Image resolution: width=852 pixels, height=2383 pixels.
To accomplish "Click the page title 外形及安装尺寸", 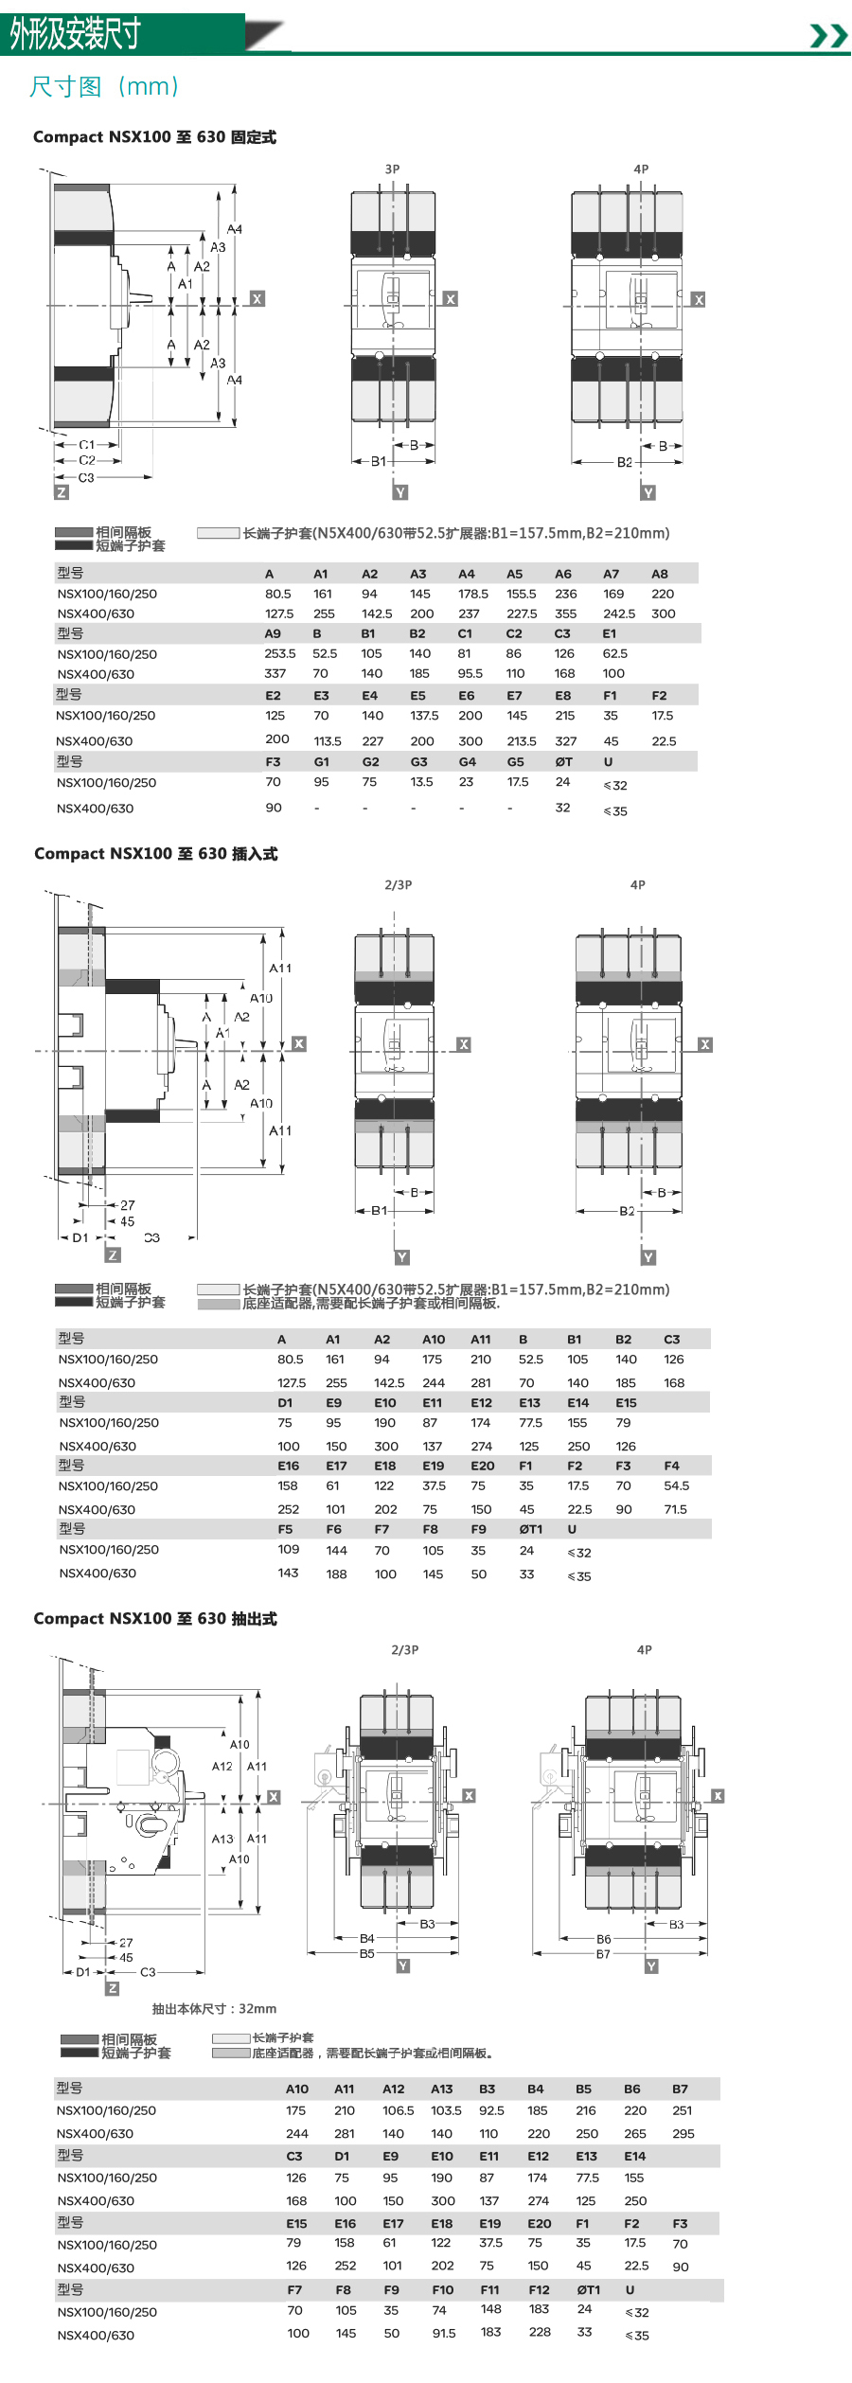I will click(x=76, y=34).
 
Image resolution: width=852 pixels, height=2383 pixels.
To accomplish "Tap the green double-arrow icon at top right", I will click(x=829, y=36).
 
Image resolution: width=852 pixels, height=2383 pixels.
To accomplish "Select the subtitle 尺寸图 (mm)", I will click(x=104, y=87).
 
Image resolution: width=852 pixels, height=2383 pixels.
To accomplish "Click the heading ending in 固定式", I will click(x=154, y=137).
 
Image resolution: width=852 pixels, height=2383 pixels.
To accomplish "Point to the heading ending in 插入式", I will click(x=155, y=854).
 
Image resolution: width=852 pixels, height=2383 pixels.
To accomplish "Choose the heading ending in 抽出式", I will click(x=155, y=1619).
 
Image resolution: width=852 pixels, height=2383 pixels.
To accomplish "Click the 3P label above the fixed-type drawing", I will click(x=392, y=169).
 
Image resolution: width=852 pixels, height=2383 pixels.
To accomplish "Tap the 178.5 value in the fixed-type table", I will click(x=472, y=595).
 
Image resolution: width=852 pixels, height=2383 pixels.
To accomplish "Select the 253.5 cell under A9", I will click(x=280, y=654).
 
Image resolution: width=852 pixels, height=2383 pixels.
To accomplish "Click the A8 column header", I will click(x=660, y=574).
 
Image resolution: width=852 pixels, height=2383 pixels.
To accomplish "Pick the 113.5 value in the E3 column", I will click(x=328, y=741).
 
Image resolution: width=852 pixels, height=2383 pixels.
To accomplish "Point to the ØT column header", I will click(x=563, y=762).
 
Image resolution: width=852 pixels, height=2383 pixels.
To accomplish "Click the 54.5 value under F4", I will click(x=676, y=1486).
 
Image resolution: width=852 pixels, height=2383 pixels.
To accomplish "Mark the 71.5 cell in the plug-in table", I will click(x=675, y=1510).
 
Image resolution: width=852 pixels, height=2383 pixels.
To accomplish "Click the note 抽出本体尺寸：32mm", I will click(x=215, y=2009).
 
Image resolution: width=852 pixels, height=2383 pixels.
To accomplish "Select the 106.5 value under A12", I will click(x=399, y=2111).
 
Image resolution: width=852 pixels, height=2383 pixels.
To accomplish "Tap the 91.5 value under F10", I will click(x=444, y=2334).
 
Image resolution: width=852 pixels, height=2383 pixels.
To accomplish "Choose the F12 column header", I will click(x=539, y=2290).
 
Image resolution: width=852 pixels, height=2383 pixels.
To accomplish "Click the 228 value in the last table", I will click(x=540, y=2332).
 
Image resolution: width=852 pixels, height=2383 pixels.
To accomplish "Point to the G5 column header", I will click(x=515, y=762).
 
